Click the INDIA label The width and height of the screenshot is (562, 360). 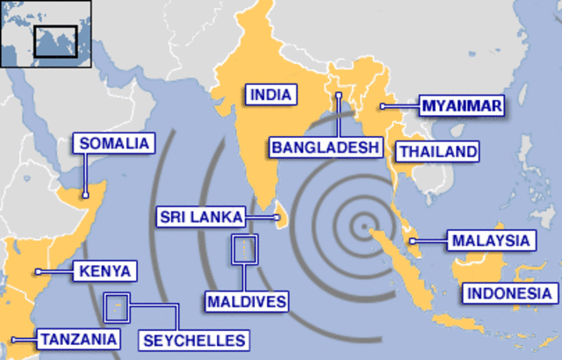click(270, 95)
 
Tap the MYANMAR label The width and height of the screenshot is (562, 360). click(461, 106)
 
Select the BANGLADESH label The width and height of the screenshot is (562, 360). click(325, 146)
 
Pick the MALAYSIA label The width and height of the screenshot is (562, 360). click(490, 240)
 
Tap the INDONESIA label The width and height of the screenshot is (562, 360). click(509, 293)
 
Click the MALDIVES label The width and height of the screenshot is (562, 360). click(247, 302)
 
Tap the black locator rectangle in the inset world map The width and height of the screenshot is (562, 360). click(55, 40)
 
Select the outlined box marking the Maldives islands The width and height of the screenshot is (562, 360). click(244, 249)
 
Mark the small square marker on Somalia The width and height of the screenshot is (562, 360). click(85, 196)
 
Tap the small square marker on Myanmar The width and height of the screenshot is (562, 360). click(382, 106)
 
